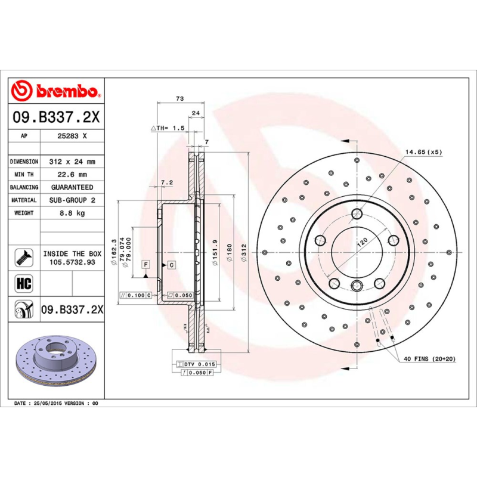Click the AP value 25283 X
[72, 136]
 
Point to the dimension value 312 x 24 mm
[72, 162]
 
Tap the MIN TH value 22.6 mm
[72, 175]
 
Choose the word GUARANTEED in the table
[72, 187]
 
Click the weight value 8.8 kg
[72, 213]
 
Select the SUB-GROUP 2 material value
[72, 200]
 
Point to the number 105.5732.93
[72, 262]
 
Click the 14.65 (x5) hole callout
[423, 153]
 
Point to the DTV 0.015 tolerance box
[196, 363]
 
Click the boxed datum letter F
[145, 264]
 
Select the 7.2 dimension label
[166, 182]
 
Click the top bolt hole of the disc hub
[357, 215]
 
